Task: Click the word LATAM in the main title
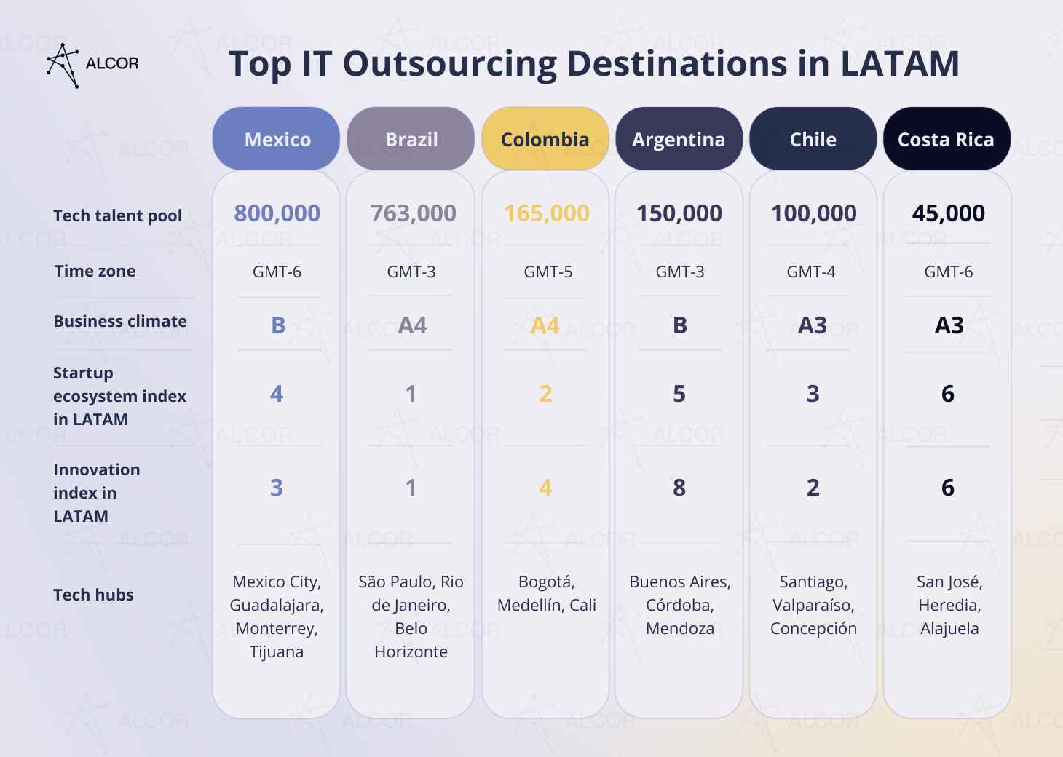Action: click(x=900, y=63)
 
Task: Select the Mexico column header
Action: click(x=277, y=139)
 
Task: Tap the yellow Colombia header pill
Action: click(x=545, y=139)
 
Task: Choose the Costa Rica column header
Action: click(x=946, y=139)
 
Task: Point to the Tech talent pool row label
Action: click(x=117, y=215)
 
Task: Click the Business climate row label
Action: click(x=119, y=321)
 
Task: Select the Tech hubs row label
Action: click(x=93, y=595)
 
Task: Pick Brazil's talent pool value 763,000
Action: click(x=413, y=213)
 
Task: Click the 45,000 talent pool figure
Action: click(x=948, y=213)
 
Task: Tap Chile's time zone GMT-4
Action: click(x=811, y=272)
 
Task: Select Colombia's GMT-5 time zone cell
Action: click(x=548, y=272)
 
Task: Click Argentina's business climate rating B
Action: click(x=679, y=325)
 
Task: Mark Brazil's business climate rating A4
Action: click(x=412, y=325)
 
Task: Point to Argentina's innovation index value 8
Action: click(x=679, y=487)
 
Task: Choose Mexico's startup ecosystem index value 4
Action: click(x=277, y=394)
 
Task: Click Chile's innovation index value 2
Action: click(x=813, y=487)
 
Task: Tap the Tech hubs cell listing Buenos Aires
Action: click(x=679, y=605)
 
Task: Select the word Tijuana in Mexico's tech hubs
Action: click(x=277, y=651)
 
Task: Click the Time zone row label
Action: click(x=95, y=271)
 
